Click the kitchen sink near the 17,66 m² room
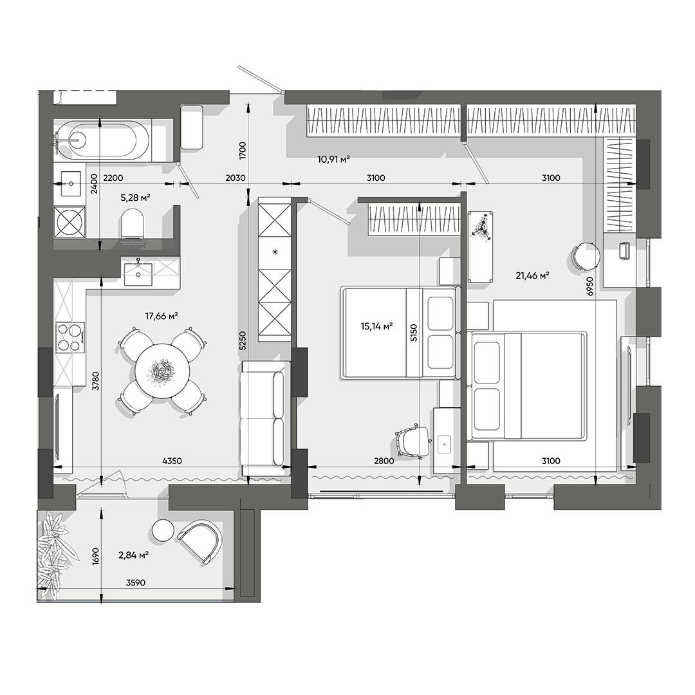point(138,272)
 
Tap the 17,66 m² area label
point(162,315)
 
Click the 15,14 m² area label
point(377,326)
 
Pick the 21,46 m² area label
point(532,276)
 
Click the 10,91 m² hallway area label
point(333,159)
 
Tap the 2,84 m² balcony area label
point(134,555)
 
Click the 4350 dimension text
point(172,461)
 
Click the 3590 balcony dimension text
point(136,582)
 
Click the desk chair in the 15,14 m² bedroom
point(412,441)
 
